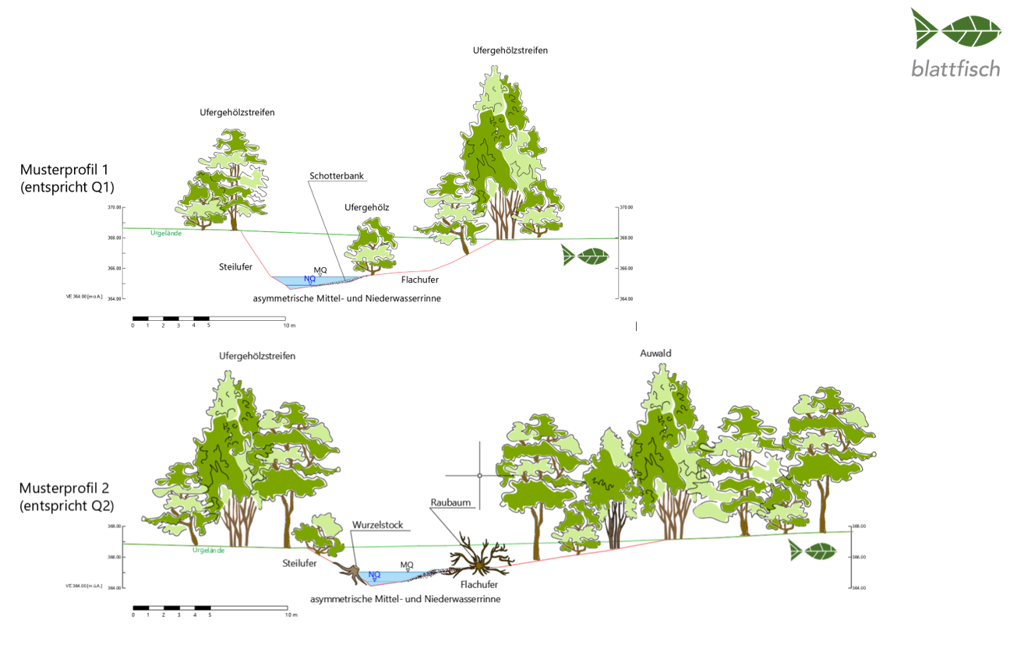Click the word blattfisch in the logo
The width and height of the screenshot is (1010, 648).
pos(955,69)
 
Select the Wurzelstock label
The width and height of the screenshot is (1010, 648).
pos(377,525)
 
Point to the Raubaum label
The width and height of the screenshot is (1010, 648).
pos(450,503)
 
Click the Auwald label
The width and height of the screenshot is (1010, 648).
pos(655,354)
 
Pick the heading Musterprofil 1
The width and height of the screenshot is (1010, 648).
pos(65,170)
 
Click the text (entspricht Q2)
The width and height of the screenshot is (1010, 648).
pos(67,505)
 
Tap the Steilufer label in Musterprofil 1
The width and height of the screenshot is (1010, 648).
pos(235,267)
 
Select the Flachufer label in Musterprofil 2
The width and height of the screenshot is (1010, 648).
pos(479,584)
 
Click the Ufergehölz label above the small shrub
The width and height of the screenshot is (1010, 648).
pos(366,207)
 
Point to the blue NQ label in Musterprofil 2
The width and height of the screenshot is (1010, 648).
pos(374,575)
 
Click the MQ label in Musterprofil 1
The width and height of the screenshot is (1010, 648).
pos(320,269)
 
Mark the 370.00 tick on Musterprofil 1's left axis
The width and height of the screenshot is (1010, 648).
pos(115,208)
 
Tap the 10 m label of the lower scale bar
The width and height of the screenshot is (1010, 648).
pos(291,615)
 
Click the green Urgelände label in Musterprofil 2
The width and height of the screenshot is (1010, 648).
pos(208,551)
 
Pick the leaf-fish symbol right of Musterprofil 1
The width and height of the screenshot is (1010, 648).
pos(585,255)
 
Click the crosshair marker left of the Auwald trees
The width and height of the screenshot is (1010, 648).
pos(480,475)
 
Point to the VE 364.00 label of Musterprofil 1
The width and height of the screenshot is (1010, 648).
pos(85,297)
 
